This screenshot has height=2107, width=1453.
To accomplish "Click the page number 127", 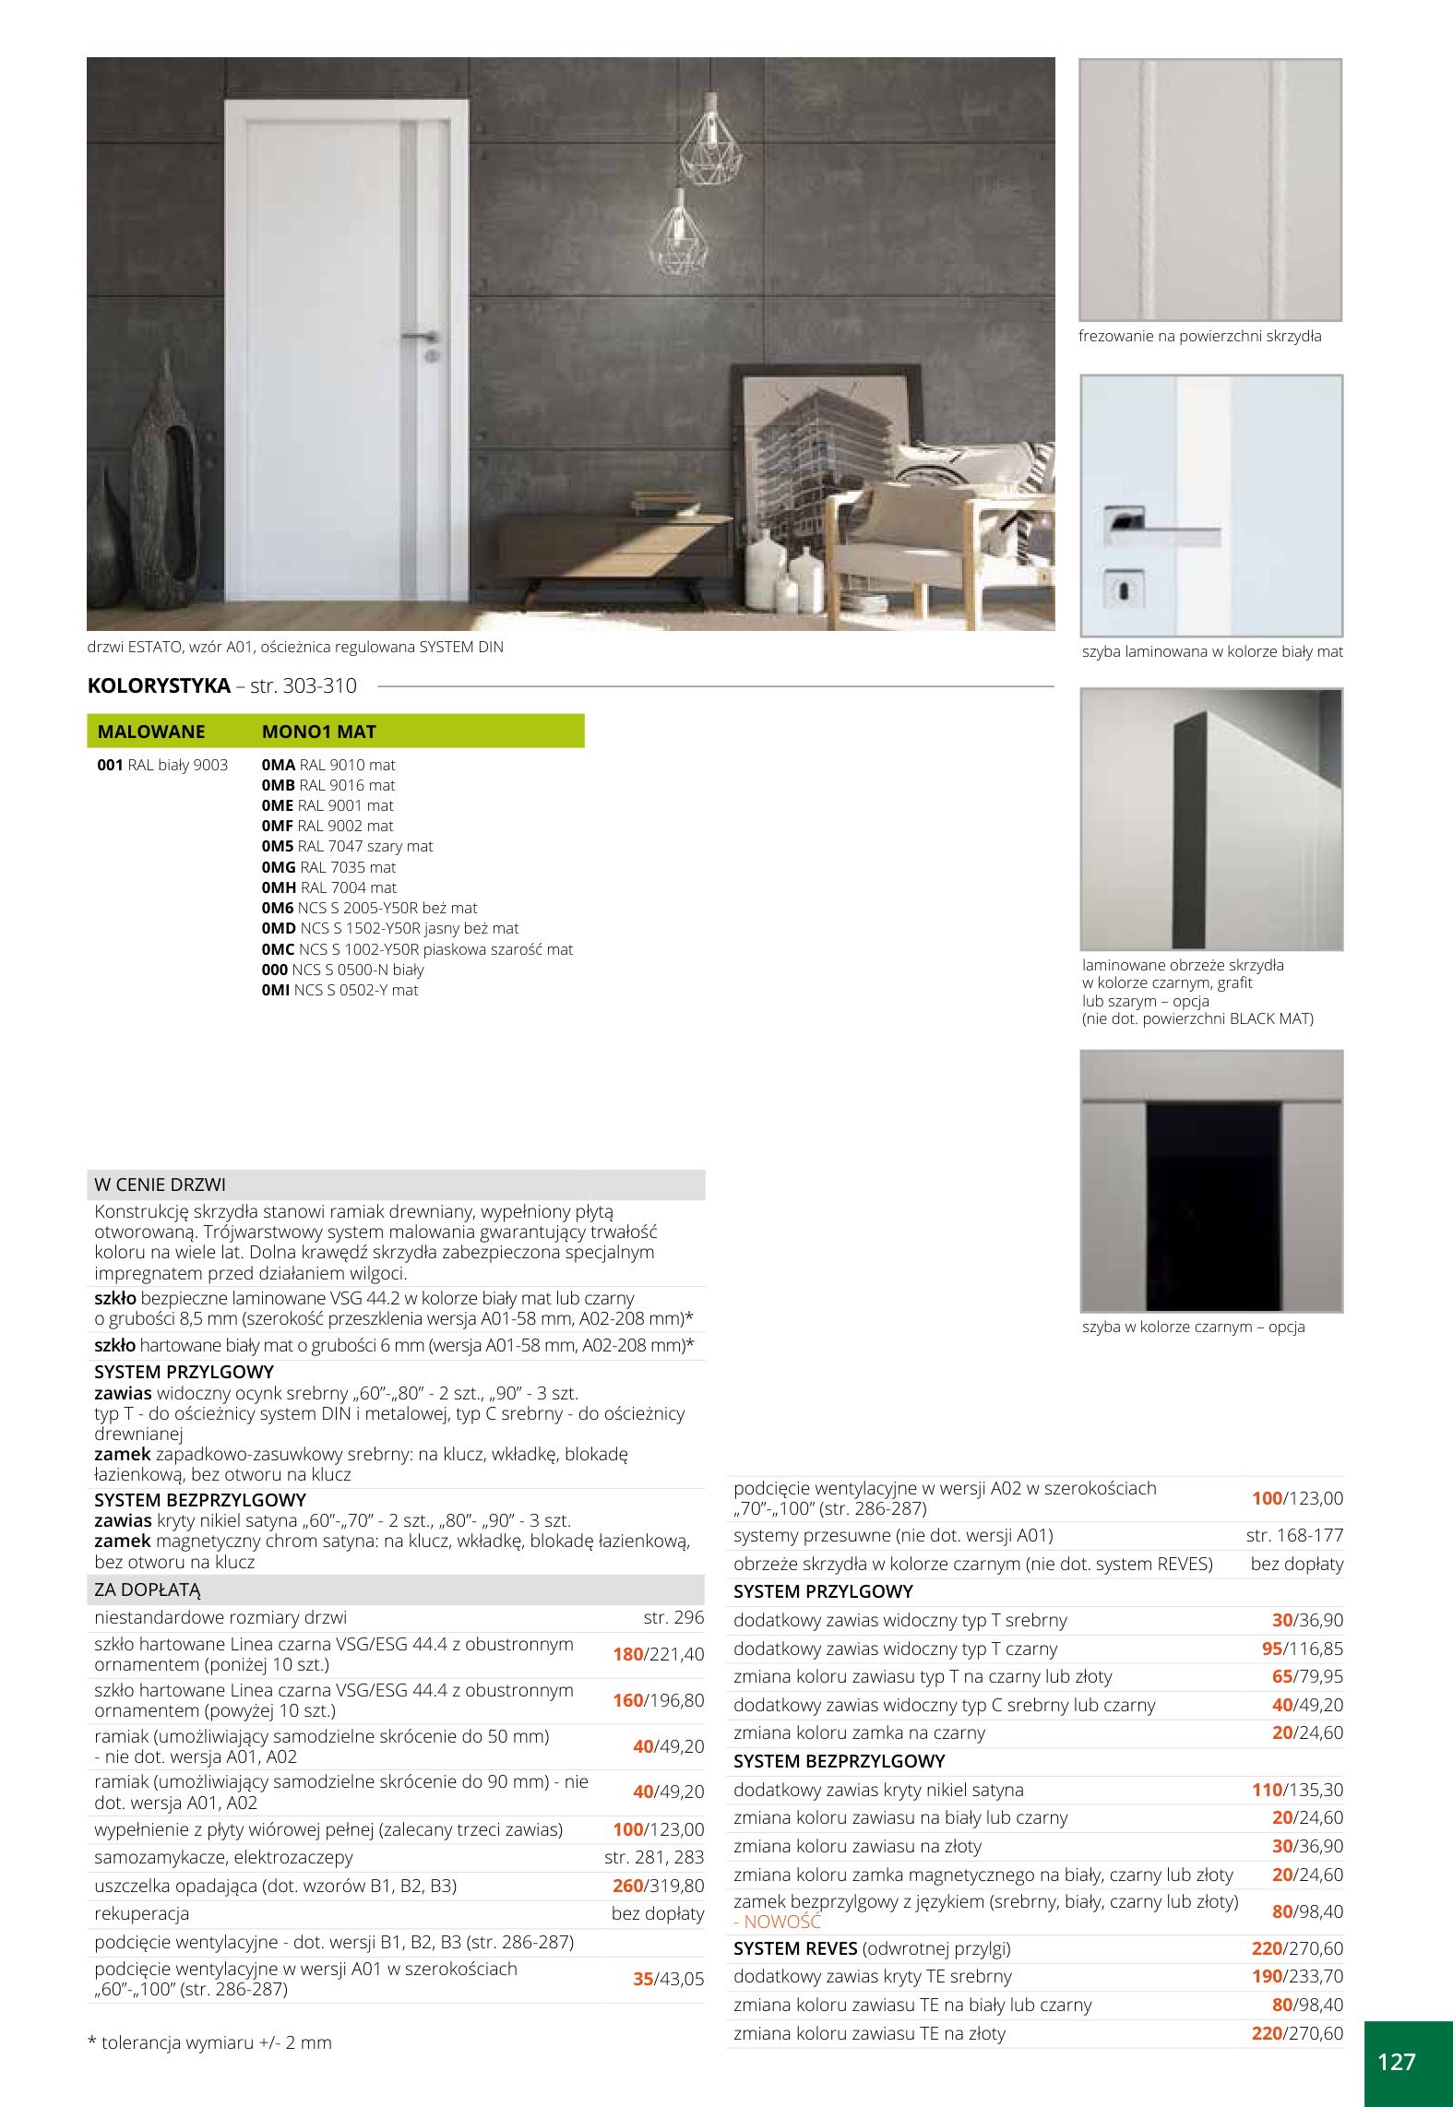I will (1396, 2062).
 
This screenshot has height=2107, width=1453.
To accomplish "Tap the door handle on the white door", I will (420, 336).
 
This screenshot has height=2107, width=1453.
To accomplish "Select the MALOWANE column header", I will (151, 732).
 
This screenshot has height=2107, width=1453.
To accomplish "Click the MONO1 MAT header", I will (319, 732).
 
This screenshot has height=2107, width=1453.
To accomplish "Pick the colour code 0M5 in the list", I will (277, 846).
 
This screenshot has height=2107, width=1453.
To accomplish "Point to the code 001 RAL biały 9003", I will (162, 765).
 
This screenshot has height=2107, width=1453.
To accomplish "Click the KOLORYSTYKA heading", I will (159, 685).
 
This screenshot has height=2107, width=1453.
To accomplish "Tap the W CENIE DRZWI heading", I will (160, 1184).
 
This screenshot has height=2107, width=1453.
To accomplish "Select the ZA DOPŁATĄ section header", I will (148, 1589).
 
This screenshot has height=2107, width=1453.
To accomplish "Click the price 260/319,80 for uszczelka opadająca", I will (658, 1886).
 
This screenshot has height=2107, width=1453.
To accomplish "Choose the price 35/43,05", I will (668, 1979).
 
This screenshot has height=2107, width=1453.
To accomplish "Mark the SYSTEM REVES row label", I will (795, 1948).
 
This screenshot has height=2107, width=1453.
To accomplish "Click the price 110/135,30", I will (1296, 1790).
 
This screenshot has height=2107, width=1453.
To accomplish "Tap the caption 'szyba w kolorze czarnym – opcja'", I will (1193, 1327).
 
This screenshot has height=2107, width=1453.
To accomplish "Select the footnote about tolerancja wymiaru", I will (210, 2042).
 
